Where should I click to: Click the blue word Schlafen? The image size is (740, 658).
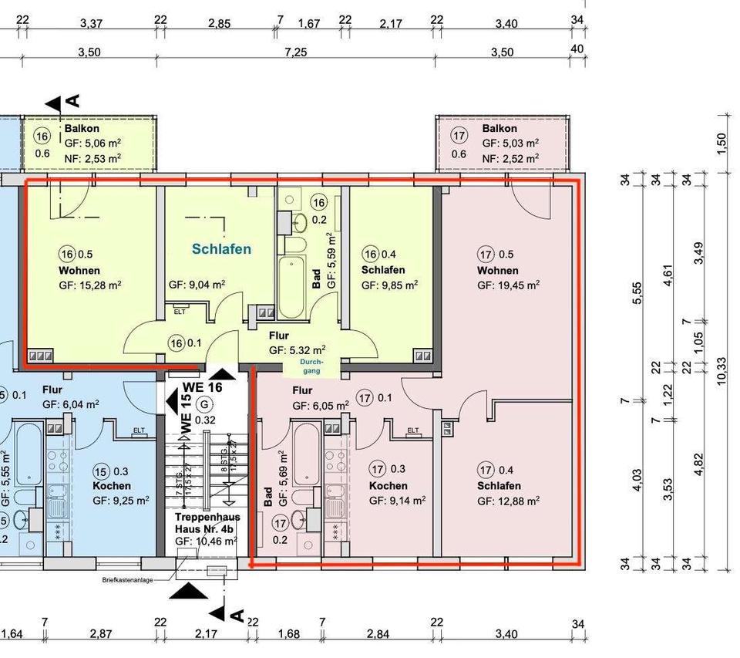[222, 249]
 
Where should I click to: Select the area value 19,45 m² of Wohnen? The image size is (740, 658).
[508, 285]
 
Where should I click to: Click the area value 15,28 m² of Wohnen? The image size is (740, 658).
[89, 285]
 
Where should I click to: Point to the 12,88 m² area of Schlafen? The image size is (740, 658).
[508, 501]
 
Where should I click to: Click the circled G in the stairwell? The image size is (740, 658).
[204, 404]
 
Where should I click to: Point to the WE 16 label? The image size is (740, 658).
[202, 387]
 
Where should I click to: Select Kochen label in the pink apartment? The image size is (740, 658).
[388, 486]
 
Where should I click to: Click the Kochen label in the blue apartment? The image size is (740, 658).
[112, 486]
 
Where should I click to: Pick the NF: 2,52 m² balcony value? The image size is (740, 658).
[510, 159]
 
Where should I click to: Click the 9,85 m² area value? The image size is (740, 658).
[390, 285]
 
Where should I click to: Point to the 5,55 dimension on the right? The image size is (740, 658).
[637, 292]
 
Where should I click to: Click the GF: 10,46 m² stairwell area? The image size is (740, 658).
[206, 542]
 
